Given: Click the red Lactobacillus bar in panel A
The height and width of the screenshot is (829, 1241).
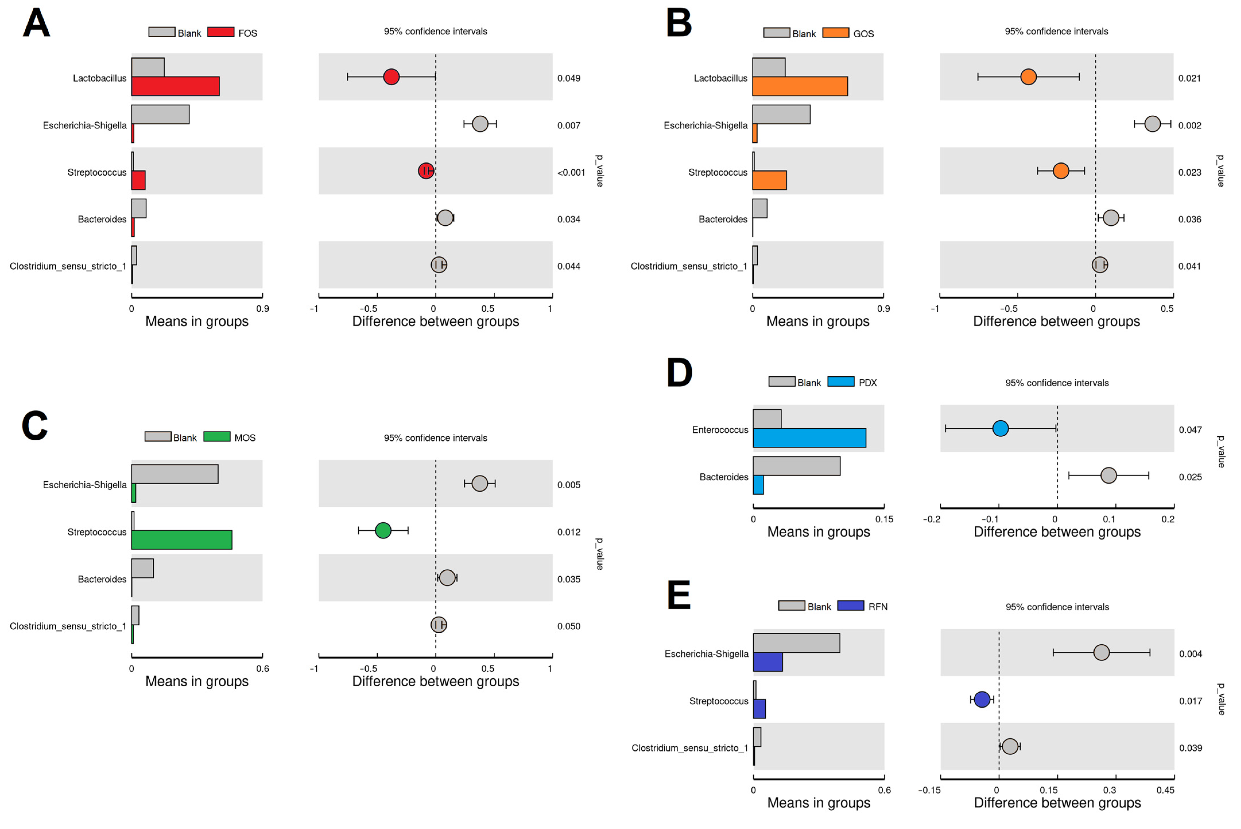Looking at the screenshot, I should (x=175, y=86).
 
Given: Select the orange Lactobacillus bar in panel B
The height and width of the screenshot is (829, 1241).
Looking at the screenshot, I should (x=800, y=86).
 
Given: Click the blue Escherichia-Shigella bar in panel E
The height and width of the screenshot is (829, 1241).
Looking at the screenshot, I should (x=767, y=662).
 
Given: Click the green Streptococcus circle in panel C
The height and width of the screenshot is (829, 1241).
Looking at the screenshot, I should (x=383, y=530).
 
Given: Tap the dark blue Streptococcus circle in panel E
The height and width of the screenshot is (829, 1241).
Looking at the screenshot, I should (x=982, y=700).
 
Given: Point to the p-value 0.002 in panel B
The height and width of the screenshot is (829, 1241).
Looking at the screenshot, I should (x=1189, y=125).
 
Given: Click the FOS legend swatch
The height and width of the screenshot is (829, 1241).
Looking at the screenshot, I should (x=220, y=32).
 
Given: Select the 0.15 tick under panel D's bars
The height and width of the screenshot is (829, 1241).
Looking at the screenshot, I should (x=884, y=519).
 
